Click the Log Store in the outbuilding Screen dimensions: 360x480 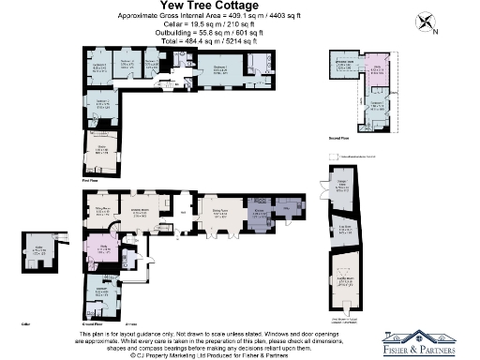coord(344,232)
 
